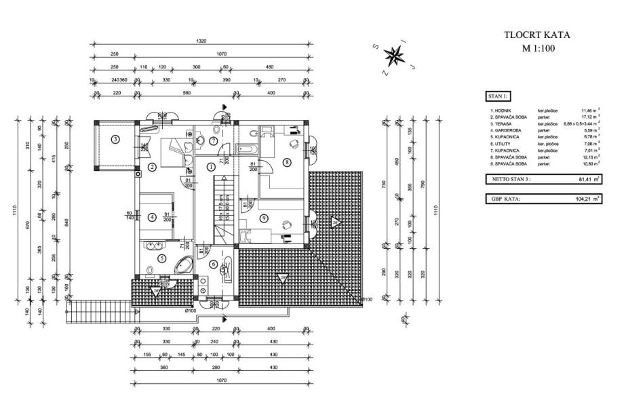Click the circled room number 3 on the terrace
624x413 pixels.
coord(116,140)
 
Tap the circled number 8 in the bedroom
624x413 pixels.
coord(287,161)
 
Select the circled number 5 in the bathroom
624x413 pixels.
coord(162,258)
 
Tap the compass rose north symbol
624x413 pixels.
coord(393,54)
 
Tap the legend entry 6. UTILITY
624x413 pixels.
coord(503,144)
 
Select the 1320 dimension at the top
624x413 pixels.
coord(201,42)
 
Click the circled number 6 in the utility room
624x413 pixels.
coord(213,264)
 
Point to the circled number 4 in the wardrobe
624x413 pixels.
coord(152,218)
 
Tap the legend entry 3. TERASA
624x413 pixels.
coord(503,123)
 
